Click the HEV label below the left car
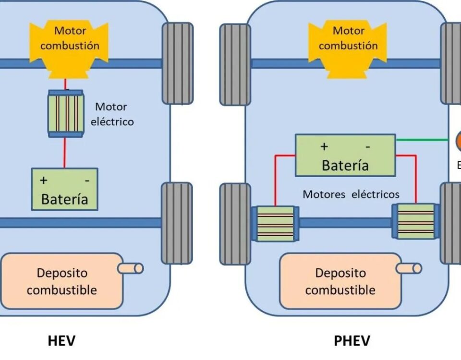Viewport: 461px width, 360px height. click(61, 341)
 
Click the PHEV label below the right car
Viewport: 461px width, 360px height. click(352, 341)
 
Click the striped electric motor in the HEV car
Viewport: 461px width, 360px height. click(65, 113)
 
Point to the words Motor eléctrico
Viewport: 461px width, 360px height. click(112, 114)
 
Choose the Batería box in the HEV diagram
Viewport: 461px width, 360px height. click(64, 189)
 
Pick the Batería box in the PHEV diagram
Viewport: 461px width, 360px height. click(345, 155)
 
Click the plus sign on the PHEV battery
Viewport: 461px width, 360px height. click(325, 146)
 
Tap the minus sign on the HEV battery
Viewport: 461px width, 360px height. click(87, 180)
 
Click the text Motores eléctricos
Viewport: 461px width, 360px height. click(351, 194)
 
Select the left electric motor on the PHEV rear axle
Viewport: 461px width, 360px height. click(275, 224)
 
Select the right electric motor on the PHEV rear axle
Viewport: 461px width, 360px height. click(415, 221)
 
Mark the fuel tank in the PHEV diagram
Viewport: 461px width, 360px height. click(340, 281)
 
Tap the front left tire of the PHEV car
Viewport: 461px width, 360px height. click(235, 64)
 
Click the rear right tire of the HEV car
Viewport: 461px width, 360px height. click(177, 223)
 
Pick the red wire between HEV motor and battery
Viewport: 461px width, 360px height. click(65, 153)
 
